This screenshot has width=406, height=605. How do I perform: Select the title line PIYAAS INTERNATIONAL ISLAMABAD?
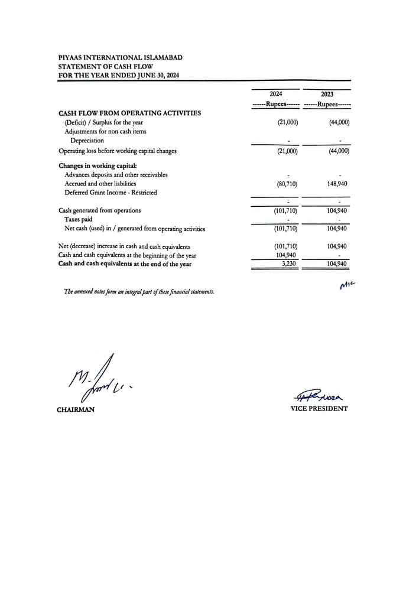coord(120,57)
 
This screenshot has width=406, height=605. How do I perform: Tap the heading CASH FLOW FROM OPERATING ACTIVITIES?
coord(129,112)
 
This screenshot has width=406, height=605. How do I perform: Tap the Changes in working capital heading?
coord(102,165)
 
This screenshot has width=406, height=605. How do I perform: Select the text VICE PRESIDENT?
coord(319,409)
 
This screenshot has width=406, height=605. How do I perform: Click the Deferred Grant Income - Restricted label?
coord(111,193)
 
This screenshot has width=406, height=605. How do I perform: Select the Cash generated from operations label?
coord(99,210)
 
